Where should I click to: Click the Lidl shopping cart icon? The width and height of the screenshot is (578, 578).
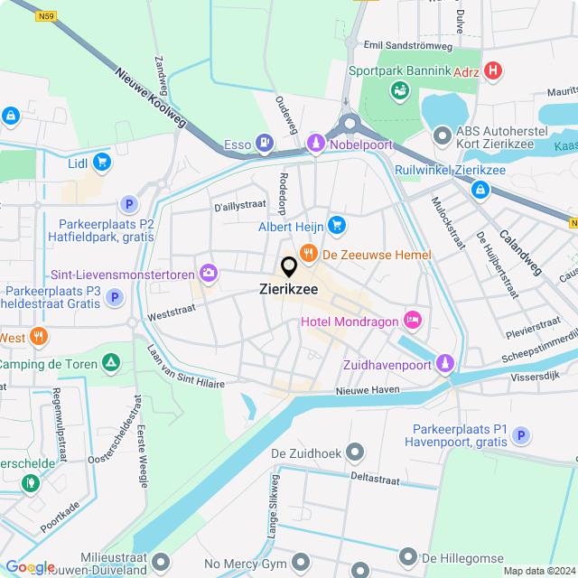pos(102,163)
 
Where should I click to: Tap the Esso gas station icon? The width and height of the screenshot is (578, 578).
pos(264,141)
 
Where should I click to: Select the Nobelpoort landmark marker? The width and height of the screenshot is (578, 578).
pos(316,143)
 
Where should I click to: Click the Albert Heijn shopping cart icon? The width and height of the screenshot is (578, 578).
pos(337,224)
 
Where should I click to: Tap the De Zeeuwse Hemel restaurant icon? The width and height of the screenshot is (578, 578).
pos(309,254)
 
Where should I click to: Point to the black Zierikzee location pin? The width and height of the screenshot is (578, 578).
pos(289,267)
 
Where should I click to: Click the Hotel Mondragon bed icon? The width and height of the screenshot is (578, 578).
pos(413,319)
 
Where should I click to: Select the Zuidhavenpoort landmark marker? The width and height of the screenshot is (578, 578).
pos(443,363)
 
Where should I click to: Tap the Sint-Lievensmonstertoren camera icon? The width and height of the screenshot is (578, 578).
pos(210,272)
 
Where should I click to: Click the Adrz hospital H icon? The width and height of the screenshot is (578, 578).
pos(492,70)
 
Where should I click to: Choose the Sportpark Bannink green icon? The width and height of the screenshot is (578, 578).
pos(397,89)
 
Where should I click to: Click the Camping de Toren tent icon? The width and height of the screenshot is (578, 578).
pos(110,363)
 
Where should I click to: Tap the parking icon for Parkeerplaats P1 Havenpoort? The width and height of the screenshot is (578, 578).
pos(519,436)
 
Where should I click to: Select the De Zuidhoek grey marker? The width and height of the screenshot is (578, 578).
pos(357,451)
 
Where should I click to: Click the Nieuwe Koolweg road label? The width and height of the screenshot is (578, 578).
pos(150,97)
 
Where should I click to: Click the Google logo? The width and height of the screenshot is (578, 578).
pos(30,566)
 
